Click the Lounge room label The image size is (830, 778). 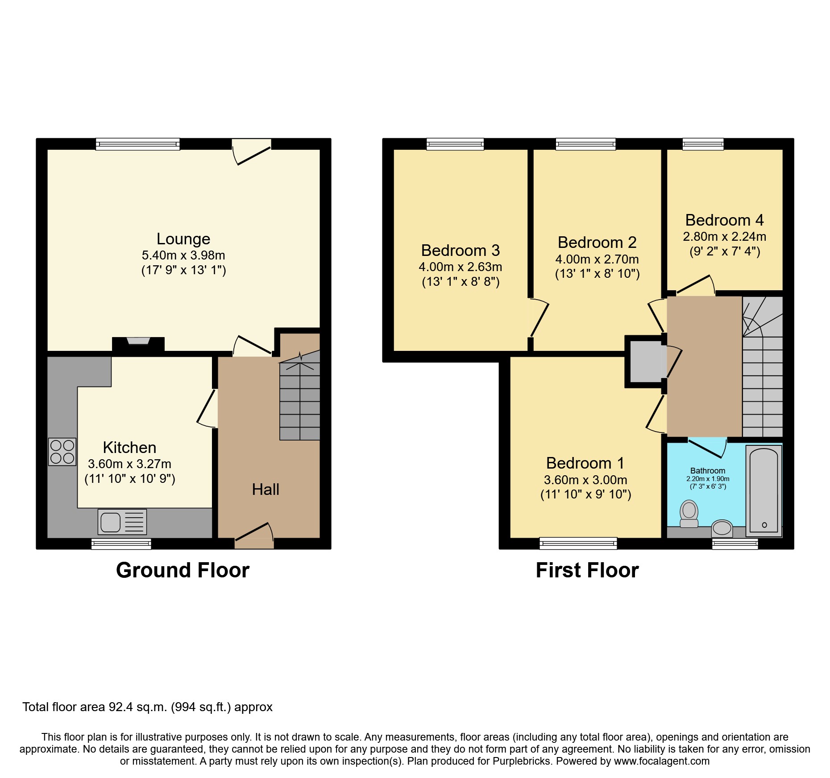click(183, 239)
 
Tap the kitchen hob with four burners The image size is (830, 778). click(62, 452)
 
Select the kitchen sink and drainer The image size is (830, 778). click(122, 522)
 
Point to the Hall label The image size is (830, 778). click(266, 490)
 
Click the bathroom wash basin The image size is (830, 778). click(722, 528)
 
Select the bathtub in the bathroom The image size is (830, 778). click(764, 490)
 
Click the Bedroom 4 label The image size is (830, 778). click(724, 220)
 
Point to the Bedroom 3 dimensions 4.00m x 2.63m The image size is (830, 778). click(460, 267)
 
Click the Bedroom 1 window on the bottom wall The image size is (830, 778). click(578, 543)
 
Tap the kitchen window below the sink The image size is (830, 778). click(121, 543)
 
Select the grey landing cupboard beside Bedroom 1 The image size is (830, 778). click(645, 361)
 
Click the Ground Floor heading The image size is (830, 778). click(183, 570)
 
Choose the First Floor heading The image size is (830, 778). click(587, 570)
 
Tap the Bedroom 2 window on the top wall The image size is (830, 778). click(585, 144)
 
